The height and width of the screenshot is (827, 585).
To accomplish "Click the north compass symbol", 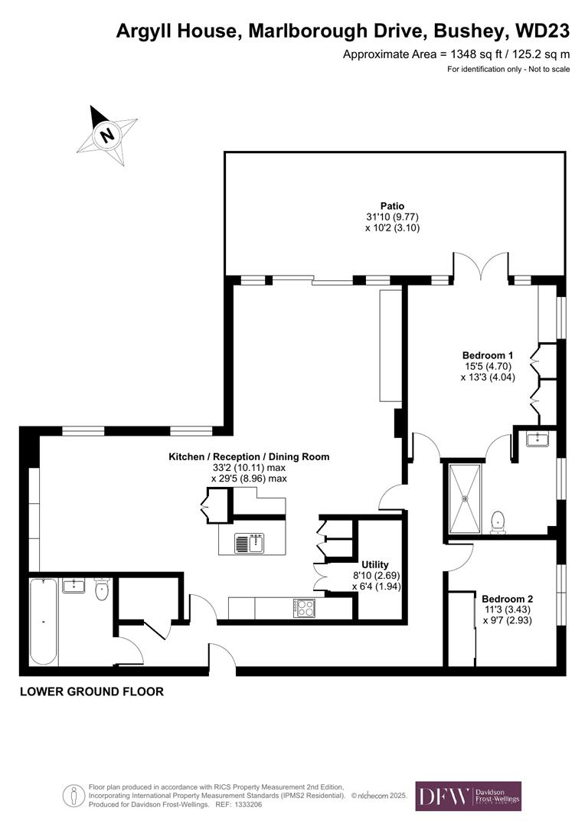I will (x=107, y=135).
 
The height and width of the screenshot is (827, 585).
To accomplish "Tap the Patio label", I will (x=393, y=206).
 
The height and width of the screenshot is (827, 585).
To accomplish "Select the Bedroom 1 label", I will (x=487, y=355).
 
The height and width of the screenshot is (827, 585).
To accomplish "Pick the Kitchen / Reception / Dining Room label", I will (x=249, y=456).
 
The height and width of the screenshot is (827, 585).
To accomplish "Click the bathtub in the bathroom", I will (x=44, y=622).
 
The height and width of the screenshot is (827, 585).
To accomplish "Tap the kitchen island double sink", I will (x=250, y=543).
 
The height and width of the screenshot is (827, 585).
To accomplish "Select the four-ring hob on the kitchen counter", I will (x=304, y=608).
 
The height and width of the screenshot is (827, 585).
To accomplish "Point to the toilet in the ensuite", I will (x=498, y=521).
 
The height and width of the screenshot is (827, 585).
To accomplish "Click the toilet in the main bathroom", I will (x=102, y=590).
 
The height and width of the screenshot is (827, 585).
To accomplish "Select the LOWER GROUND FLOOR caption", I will (x=91, y=691).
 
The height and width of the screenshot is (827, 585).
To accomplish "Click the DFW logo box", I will (x=468, y=796).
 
